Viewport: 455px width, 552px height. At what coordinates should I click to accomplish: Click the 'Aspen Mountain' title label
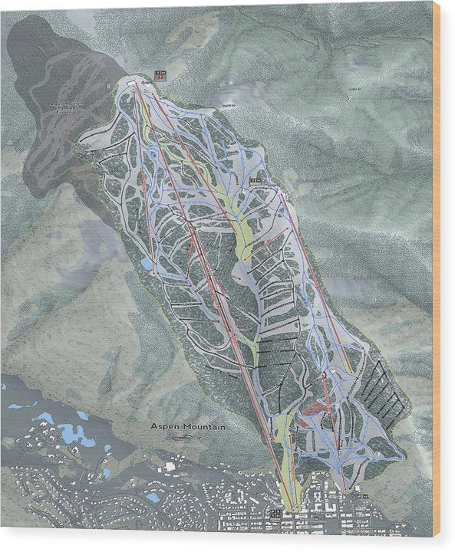tap(187, 426)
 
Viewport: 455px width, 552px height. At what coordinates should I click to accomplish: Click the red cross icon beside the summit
tap(159, 74)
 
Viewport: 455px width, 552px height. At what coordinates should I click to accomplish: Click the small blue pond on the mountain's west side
tap(146, 263)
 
